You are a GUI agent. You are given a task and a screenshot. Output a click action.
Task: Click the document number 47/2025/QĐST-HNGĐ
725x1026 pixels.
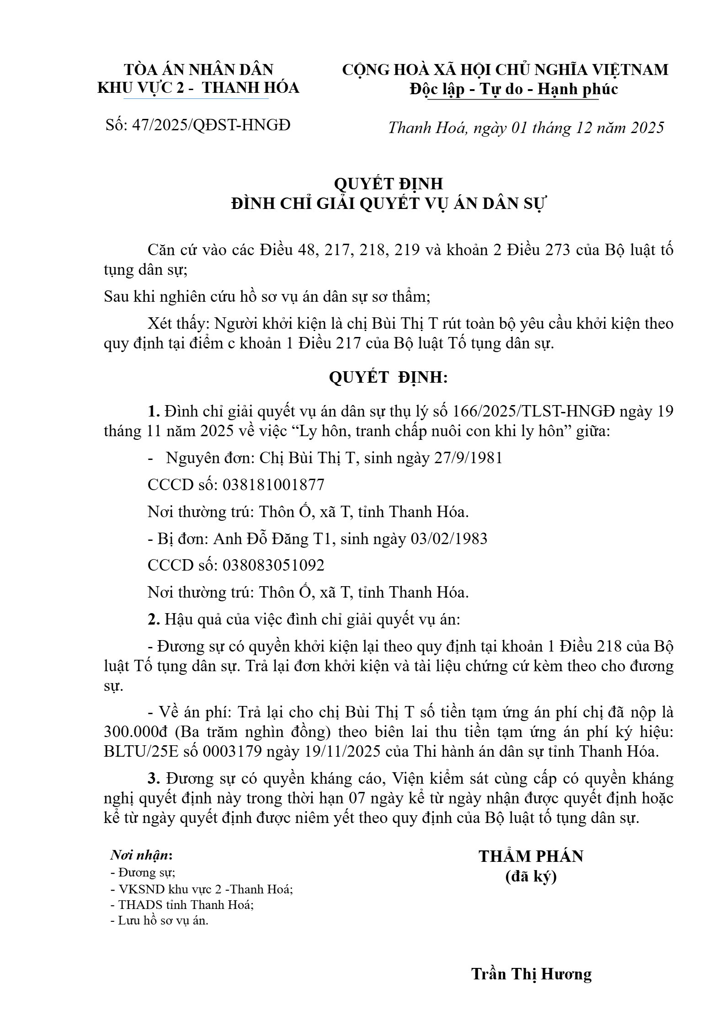(x=211, y=125)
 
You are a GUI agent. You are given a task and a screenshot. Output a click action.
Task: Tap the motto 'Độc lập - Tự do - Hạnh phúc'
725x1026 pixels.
(x=513, y=89)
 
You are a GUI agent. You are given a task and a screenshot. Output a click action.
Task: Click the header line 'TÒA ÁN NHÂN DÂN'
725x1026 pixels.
(x=198, y=69)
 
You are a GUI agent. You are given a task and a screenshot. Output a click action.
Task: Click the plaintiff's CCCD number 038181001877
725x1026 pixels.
(x=273, y=485)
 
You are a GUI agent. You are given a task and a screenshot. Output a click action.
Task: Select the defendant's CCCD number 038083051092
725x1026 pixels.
(x=273, y=566)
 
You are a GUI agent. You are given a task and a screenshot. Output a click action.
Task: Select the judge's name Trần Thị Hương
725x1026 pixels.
(x=531, y=974)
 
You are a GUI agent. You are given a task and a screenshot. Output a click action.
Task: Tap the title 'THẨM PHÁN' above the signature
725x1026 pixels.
(x=531, y=856)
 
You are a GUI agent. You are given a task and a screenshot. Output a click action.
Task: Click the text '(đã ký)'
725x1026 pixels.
(x=531, y=876)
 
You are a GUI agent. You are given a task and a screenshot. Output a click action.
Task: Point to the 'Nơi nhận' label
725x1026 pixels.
(x=141, y=855)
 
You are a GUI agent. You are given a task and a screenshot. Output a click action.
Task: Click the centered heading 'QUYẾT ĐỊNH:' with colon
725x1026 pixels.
(x=388, y=378)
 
